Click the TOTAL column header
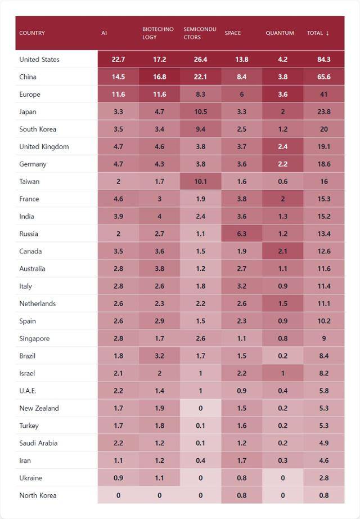[x=314, y=33]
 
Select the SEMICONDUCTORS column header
[x=200, y=33]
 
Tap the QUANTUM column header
[x=280, y=33]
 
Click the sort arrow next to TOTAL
[x=327, y=33]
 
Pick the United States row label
[x=39, y=60]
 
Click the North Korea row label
[x=38, y=495]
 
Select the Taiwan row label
[x=29, y=181]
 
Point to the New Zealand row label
[x=39, y=408]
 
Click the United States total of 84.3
[x=323, y=60]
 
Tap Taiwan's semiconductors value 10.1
[x=200, y=181]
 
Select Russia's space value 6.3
[x=241, y=234]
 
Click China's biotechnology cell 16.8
[x=159, y=77]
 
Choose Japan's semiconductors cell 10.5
[x=200, y=112]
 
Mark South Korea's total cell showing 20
[x=323, y=129]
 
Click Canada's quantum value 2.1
[x=282, y=251]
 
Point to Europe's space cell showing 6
[x=241, y=95]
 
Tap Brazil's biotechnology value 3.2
[x=159, y=356]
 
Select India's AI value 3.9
[x=118, y=216]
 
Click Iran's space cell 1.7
[x=241, y=460]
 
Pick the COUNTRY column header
[x=32, y=33]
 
